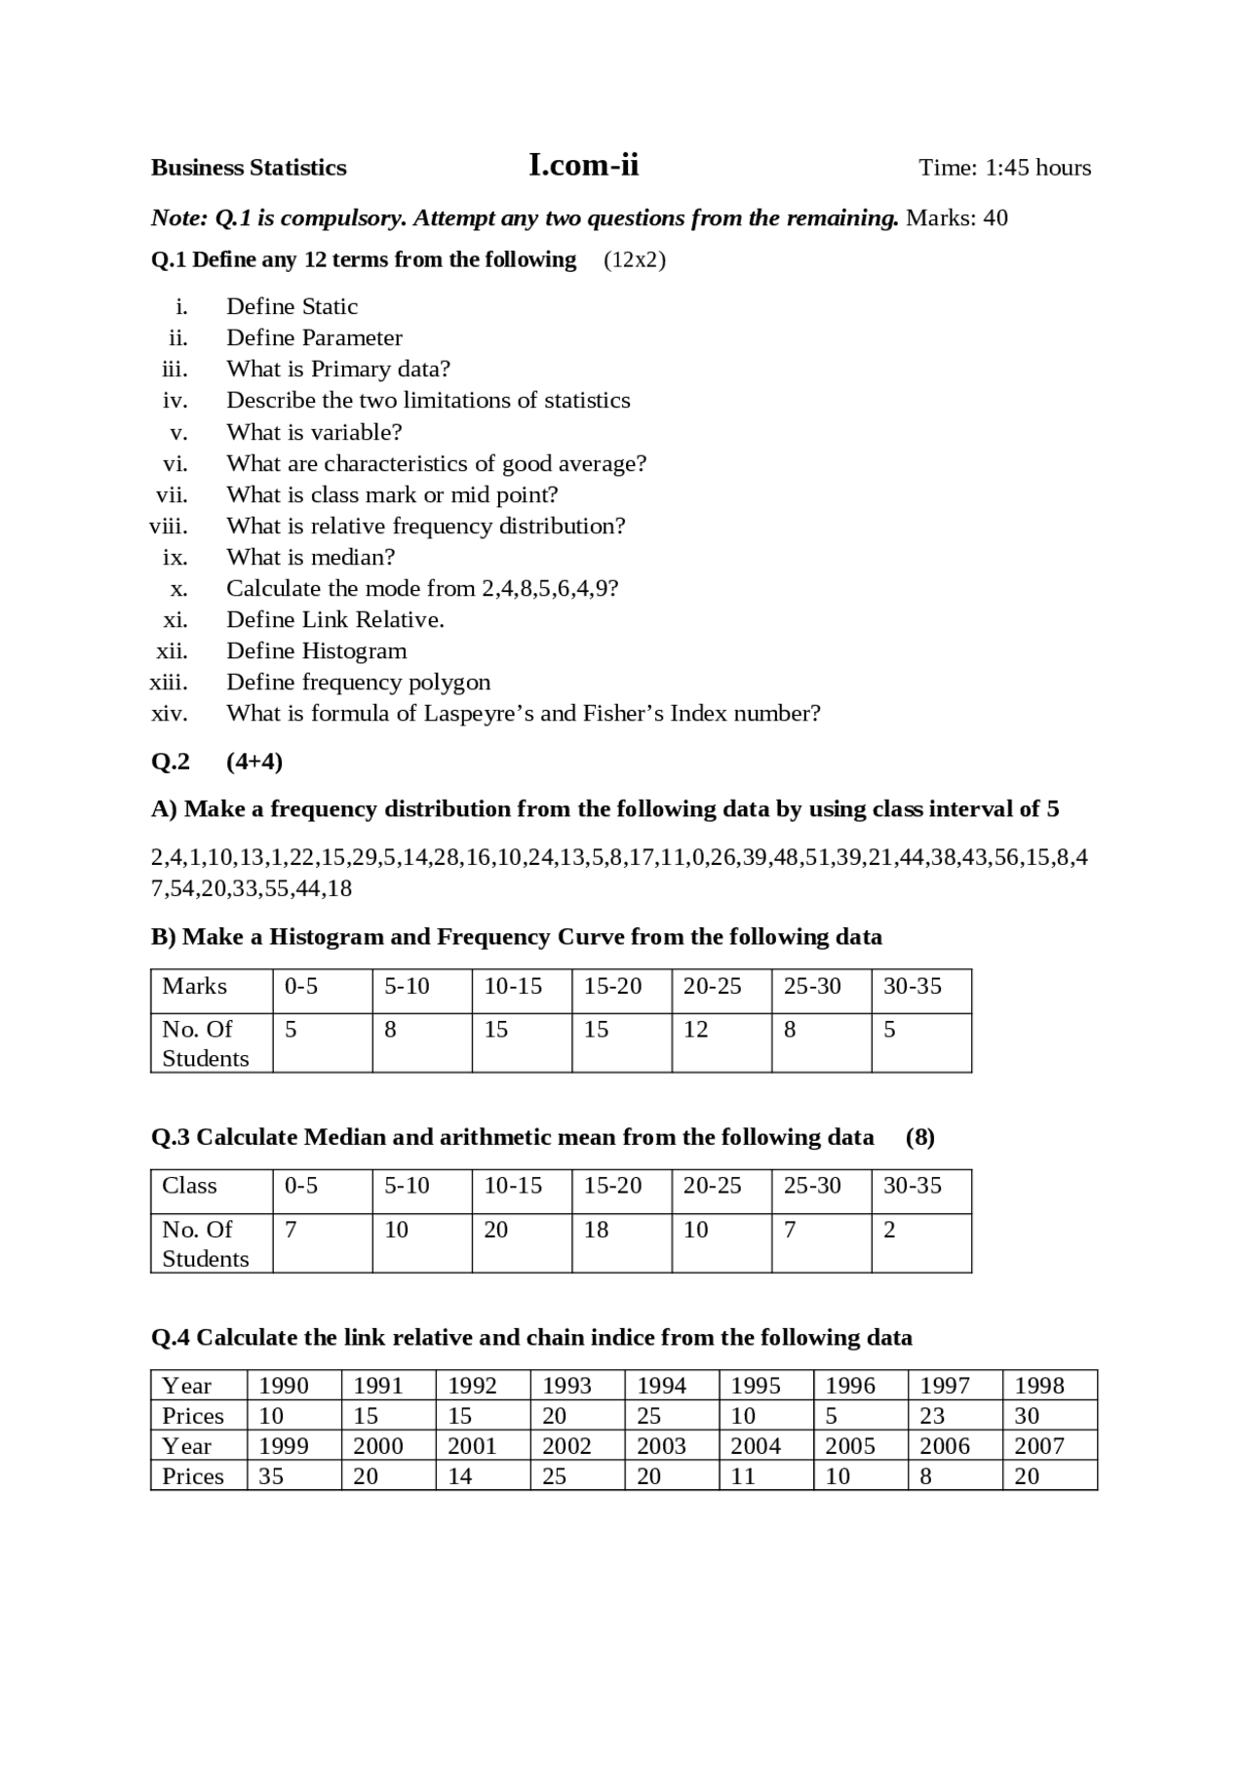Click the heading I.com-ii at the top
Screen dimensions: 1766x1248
[583, 165]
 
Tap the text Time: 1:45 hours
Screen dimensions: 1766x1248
[1004, 168]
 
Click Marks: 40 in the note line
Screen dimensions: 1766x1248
[956, 217]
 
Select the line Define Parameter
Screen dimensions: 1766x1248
[314, 337]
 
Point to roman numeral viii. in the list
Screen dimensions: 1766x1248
[169, 526]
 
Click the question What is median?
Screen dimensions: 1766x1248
[310, 557]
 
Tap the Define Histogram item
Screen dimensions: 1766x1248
[316, 650]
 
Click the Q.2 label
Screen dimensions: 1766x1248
[171, 762]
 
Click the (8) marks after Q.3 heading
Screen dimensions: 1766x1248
[919, 1137]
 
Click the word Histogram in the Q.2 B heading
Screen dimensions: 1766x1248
[327, 937]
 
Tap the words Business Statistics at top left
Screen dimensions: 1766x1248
[249, 168]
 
